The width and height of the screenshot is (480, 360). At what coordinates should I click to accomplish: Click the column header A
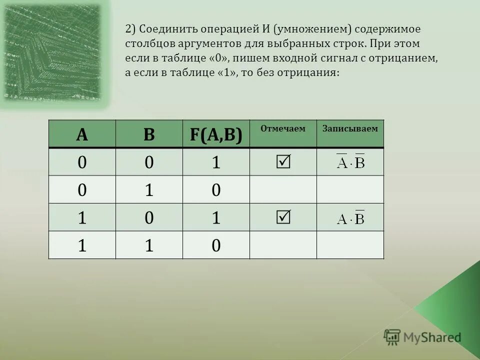tap(82, 134)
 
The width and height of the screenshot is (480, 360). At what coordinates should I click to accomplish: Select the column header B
tap(149, 134)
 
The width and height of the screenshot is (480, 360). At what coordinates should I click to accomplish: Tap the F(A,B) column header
tap(216, 134)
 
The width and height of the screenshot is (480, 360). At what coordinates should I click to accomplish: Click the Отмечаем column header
tap(282, 129)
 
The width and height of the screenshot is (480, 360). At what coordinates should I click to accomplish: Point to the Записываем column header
tap(350, 129)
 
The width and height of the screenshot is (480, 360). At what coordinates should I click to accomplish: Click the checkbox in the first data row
tap(283, 161)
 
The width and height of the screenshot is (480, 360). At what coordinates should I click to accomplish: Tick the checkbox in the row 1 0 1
tap(283, 217)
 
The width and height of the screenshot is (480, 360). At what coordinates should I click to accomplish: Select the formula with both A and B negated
tap(350, 161)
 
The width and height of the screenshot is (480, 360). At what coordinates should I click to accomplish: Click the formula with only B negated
tap(350, 217)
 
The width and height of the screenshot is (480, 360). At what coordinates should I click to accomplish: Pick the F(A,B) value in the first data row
tap(216, 162)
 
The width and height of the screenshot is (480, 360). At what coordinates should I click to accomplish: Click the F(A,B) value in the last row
tap(216, 245)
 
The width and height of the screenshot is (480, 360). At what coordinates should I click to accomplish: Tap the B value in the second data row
tap(149, 189)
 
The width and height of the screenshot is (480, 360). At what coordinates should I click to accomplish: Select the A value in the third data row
tap(82, 217)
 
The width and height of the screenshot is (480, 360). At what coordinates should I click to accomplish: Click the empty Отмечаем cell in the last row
tap(283, 245)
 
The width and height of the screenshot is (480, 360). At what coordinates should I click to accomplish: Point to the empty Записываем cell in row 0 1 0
tap(350, 189)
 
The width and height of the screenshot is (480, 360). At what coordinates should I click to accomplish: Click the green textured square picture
tap(54, 52)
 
